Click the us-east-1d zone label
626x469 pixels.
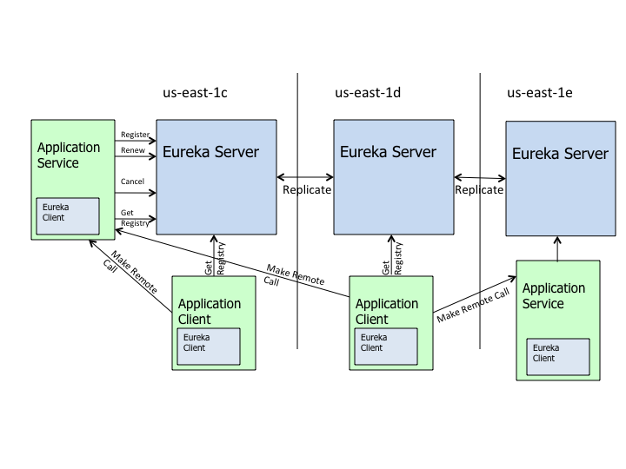click(x=368, y=92)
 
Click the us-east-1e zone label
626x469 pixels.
click(x=540, y=92)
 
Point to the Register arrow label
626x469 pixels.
click(x=135, y=135)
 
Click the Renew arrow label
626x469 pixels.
click(x=132, y=151)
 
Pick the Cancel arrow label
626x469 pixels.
click(x=132, y=182)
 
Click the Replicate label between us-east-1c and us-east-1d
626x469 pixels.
click(x=307, y=189)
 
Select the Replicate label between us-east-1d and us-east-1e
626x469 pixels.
click(x=479, y=189)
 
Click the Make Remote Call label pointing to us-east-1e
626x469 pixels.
click(x=472, y=305)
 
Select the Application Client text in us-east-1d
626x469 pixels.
click(x=387, y=312)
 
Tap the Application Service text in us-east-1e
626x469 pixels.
click(x=554, y=296)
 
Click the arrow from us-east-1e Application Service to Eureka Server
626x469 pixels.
click(x=557, y=248)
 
